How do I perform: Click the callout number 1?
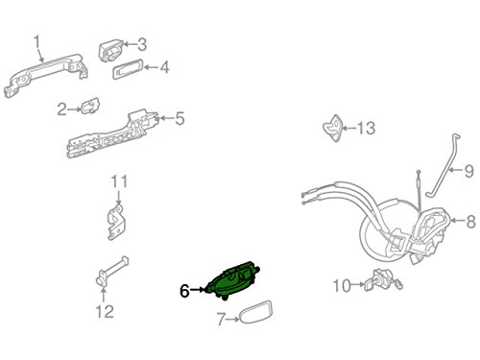tap(37, 42)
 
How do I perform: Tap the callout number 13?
tap(366, 128)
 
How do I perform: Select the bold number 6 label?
tap(184, 291)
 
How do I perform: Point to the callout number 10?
tap(342, 285)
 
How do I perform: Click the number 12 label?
tap(105, 311)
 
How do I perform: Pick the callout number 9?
tap(468, 171)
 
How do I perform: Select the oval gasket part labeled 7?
tap(256, 312)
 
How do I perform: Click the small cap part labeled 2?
tap(90, 106)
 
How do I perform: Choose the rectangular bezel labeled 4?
tap(128, 68)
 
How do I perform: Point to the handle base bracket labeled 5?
tap(112, 136)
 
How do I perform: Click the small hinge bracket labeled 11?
tap(116, 222)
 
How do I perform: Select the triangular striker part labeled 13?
tap(333, 128)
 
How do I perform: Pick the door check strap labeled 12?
tap(112, 271)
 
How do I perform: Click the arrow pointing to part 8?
tap(458, 221)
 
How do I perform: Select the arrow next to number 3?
tap(129, 44)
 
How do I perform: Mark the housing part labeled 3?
tap(110, 51)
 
